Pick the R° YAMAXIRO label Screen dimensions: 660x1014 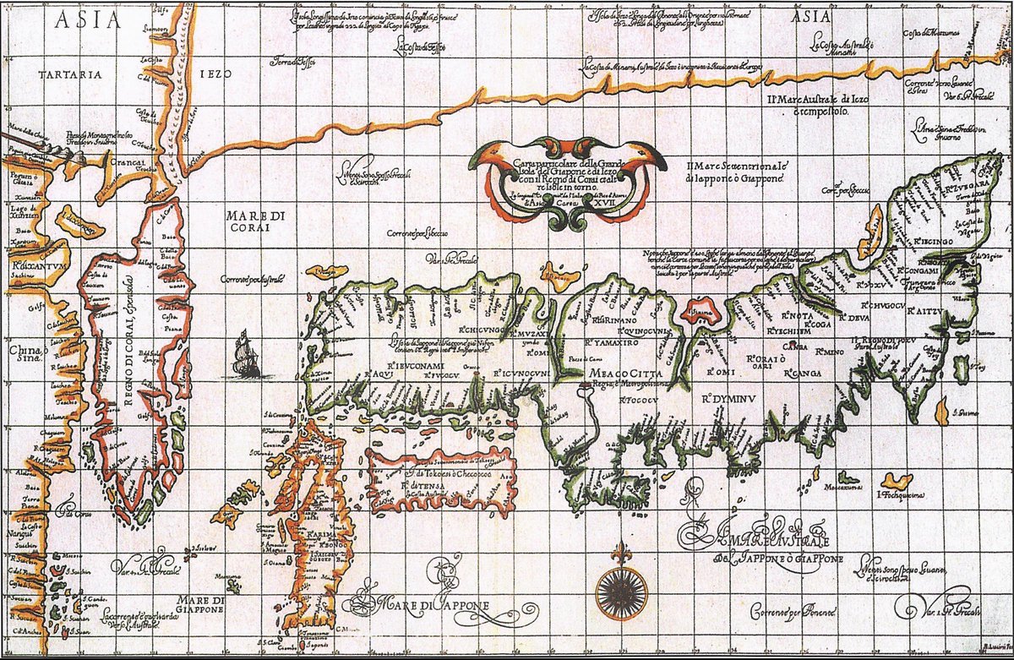click(615, 344)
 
